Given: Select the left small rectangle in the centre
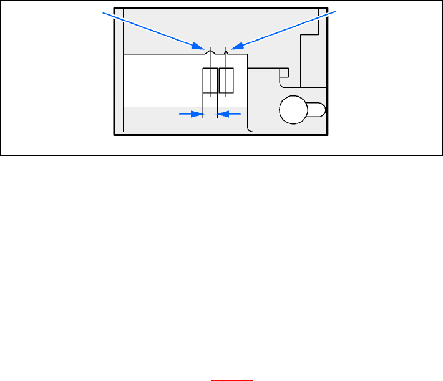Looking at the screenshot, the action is click(x=210, y=82).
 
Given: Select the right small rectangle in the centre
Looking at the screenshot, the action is click(x=226, y=82).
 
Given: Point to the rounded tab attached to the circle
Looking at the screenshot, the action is click(x=316, y=110).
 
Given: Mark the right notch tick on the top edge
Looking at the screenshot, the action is click(x=226, y=50).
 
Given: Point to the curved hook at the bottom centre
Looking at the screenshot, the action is click(x=250, y=129).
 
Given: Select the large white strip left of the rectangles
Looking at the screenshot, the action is click(x=162, y=80).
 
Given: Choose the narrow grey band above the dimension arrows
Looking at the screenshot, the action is click(x=162, y=119).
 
